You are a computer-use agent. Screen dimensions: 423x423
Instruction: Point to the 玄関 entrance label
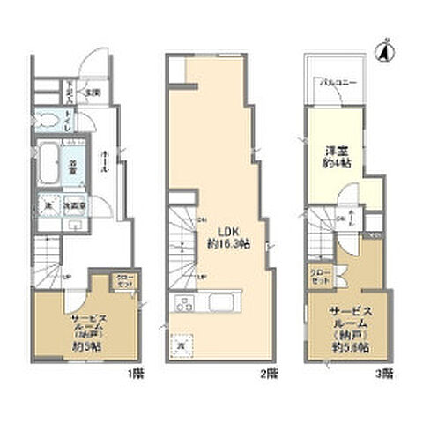click(94, 91)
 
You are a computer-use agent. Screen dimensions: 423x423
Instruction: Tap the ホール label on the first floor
click(108, 157)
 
